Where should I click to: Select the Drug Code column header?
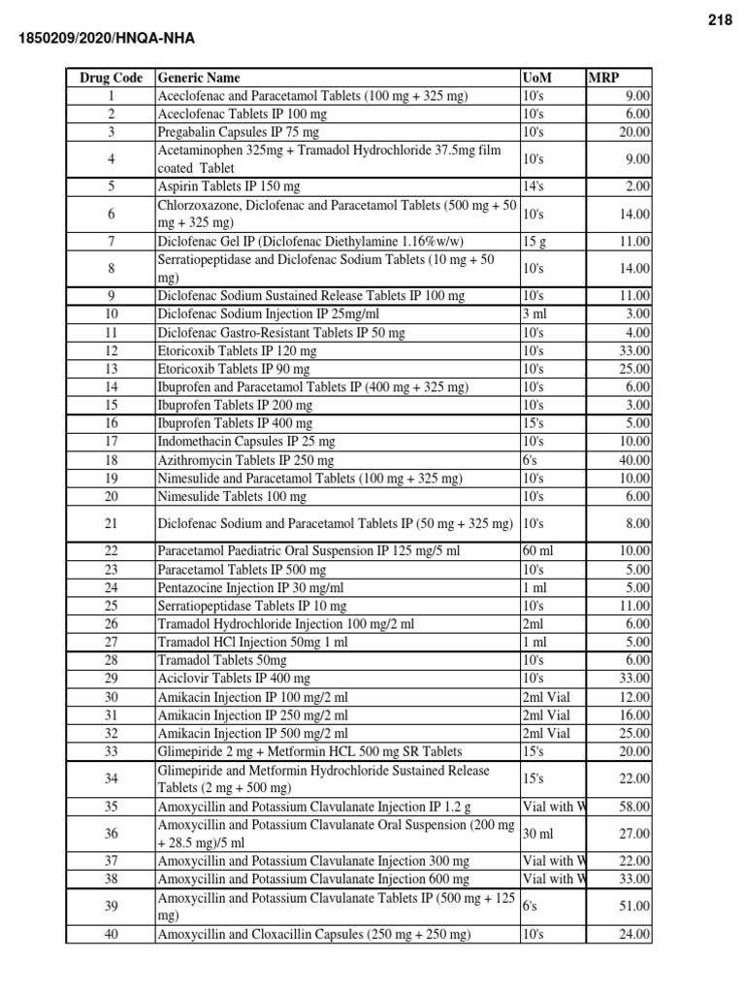111,78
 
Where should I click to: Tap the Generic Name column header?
199,78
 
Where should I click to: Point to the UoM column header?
534,78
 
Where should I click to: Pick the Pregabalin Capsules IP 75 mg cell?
238,132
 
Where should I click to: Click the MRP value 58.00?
636,807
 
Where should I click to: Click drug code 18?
111,460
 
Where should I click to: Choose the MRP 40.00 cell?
636,460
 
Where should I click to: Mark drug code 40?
111,935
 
